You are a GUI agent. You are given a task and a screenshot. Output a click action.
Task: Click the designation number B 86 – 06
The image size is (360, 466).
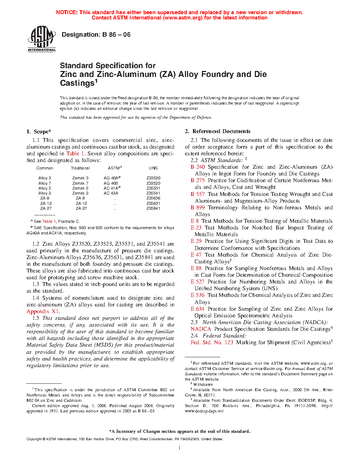[96, 35]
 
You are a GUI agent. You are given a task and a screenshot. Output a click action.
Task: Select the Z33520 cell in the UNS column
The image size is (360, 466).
[153, 178]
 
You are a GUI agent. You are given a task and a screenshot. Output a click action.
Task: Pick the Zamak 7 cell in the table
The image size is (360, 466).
[80, 183]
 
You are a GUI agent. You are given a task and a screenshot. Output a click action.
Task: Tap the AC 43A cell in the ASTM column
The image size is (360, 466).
[111, 193]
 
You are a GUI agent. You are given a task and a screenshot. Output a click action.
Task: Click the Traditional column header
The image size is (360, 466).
[80, 168]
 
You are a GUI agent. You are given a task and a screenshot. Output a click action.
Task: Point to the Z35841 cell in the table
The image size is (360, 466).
[153, 208]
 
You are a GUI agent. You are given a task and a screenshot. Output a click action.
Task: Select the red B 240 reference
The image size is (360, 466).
[198, 167]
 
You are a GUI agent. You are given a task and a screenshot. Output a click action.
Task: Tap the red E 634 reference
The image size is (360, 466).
[198, 309]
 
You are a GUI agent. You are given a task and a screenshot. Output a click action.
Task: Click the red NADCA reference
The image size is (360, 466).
[201, 329]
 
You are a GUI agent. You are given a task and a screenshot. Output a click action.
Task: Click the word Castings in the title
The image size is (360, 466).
[77, 83]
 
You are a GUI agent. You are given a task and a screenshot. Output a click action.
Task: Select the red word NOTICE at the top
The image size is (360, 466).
[67, 12]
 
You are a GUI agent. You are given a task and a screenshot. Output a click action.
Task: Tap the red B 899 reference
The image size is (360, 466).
[198, 208]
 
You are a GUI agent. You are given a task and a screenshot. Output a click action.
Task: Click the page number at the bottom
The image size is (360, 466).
[179, 448]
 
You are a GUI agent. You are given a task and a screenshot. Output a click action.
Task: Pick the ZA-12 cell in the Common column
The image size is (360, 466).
[46, 203]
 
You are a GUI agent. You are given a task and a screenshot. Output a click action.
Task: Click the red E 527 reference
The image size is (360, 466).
[198, 282]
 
